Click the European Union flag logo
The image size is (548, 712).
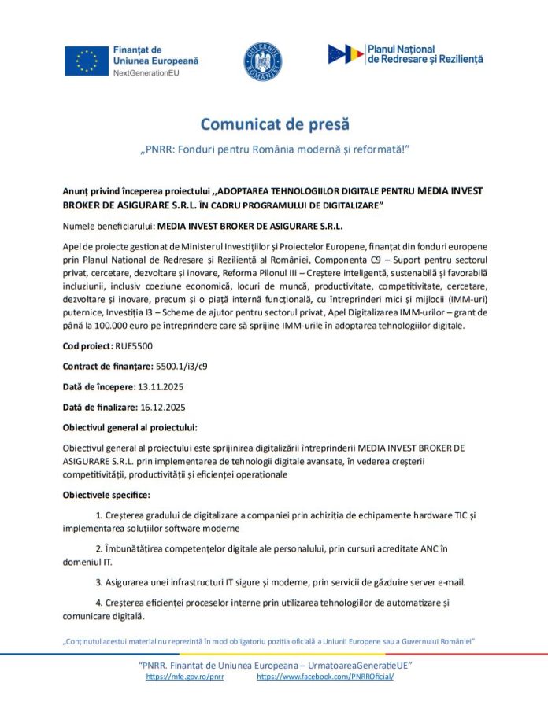pos(87,60)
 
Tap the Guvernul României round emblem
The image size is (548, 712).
pos(264,60)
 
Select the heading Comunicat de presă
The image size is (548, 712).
pos(274,124)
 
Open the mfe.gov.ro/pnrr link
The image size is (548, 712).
pos(185,677)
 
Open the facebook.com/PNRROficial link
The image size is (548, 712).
pos(325,677)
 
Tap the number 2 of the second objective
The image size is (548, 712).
pos(98,547)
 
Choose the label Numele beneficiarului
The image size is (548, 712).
pos(103,225)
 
